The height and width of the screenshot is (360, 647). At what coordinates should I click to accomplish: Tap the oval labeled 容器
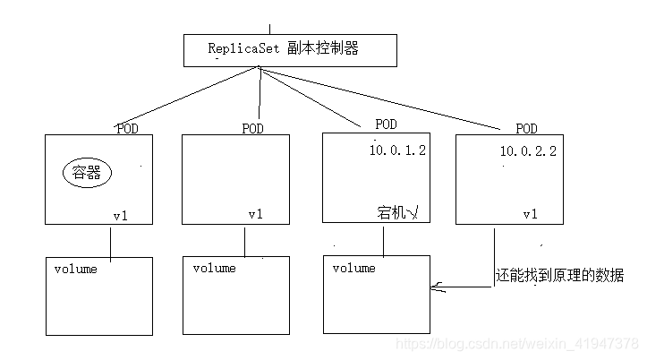pos(86,173)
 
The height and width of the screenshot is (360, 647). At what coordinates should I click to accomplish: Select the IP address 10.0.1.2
pos(397,150)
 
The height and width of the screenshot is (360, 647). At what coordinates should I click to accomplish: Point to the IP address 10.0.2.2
pos(528,151)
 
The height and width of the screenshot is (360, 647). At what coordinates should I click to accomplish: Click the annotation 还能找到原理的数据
pos(559,276)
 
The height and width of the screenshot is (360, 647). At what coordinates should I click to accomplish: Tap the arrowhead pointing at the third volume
pos(436,287)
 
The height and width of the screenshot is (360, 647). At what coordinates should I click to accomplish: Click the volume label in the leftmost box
pos(75,269)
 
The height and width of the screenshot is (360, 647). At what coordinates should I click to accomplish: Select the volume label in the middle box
pos(214,268)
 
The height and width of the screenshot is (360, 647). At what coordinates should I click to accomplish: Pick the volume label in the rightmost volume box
pos(353,268)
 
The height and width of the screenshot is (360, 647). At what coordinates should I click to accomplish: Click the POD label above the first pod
pos(127,128)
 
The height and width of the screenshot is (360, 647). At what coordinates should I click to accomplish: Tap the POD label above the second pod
pos(253,128)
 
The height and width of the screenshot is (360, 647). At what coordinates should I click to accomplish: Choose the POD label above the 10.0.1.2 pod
pos(386,124)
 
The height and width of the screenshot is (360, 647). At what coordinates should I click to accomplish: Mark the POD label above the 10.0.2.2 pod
pos(527,128)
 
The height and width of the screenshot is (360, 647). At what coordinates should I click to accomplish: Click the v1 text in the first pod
pos(121,215)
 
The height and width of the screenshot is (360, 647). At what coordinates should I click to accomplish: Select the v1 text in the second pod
pos(256,214)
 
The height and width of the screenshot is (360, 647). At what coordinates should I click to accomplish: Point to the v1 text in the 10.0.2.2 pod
pos(530,214)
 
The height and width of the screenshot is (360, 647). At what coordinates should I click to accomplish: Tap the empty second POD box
pos(235,175)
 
